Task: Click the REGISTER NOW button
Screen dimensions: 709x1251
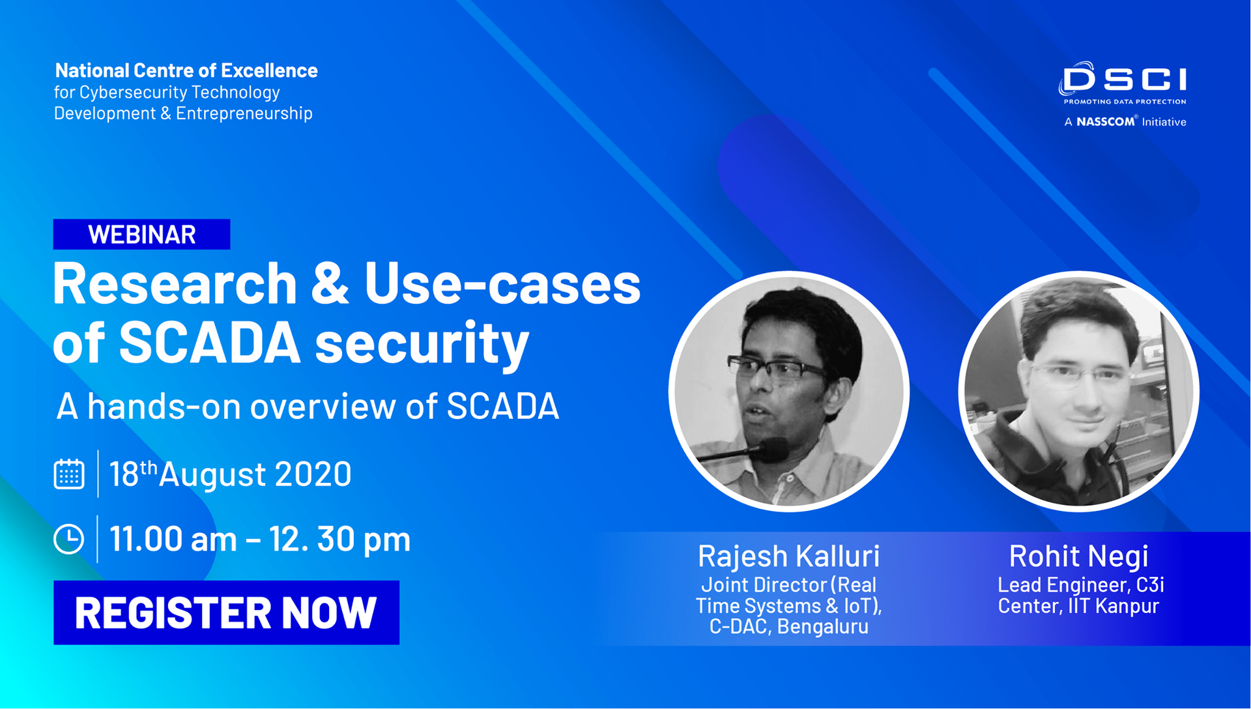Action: (226, 613)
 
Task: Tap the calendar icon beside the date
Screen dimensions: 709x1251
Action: (69, 474)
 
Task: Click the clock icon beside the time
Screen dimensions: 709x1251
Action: (69, 539)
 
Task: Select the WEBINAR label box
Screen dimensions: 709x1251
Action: (141, 235)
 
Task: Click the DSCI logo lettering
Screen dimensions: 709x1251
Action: (1124, 80)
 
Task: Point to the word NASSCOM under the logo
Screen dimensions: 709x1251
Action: (1105, 122)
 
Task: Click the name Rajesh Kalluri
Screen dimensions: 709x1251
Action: (788, 556)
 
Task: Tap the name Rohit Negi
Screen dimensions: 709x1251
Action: (1078, 556)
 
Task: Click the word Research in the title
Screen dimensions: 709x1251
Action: (175, 284)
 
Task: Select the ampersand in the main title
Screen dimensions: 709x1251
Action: (330, 284)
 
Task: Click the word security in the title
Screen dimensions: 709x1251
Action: (422, 343)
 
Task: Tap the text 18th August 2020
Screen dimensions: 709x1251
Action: (230, 474)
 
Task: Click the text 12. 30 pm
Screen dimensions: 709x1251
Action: (339, 540)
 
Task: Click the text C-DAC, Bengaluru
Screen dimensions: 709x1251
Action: (788, 627)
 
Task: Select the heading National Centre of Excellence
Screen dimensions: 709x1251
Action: (186, 70)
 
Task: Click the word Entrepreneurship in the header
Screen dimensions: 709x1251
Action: (244, 113)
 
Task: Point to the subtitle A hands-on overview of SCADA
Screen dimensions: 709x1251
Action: (308, 406)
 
